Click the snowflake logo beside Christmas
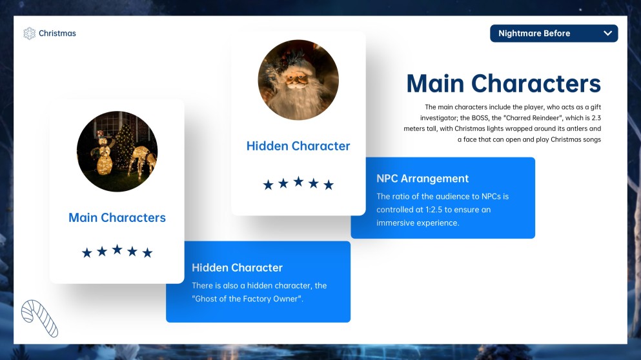tap(29, 34)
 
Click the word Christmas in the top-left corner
tap(57, 34)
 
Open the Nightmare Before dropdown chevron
tap(608, 33)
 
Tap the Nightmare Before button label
tap(534, 34)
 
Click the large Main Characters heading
tap(504, 83)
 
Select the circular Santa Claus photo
tap(298, 80)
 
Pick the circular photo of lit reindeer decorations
tap(117, 151)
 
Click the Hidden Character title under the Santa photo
tap(298, 146)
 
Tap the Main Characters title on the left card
tap(117, 217)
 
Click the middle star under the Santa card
tap(298, 181)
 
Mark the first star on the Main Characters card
tap(86, 253)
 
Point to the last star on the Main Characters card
tap(147, 253)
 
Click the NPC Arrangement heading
tap(422, 179)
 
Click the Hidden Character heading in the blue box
tap(237, 268)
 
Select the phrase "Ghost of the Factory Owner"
tap(248, 299)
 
